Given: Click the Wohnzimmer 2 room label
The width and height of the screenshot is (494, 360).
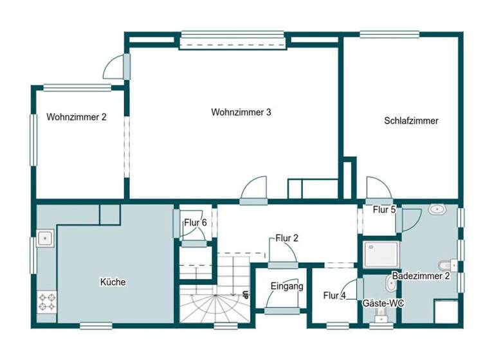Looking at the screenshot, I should [x=76, y=117].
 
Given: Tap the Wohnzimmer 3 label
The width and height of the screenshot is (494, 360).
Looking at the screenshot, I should [x=241, y=112].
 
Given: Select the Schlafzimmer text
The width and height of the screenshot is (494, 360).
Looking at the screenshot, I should [x=411, y=120].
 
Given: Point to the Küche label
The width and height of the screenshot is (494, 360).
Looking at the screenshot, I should [x=113, y=282].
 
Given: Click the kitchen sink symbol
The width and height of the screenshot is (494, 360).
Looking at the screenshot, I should [x=45, y=238].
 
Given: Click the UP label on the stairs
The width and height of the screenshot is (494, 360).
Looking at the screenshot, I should [x=246, y=296].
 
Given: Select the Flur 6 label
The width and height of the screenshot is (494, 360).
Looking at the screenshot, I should [x=195, y=223].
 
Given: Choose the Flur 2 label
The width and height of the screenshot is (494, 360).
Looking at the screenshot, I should [x=287, y=238].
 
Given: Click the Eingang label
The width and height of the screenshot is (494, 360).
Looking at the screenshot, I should [x=286, y=287].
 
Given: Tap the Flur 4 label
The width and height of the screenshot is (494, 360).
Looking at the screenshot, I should [x=334, y=296].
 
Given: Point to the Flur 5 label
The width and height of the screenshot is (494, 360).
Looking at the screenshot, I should [x=384, y=210].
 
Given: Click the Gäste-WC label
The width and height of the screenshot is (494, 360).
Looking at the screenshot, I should [x=383, y=302].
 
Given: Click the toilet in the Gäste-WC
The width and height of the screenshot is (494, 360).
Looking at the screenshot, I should [x=381, y=314].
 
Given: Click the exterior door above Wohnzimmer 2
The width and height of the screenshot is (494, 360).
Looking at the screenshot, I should [x=116, y=66].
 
